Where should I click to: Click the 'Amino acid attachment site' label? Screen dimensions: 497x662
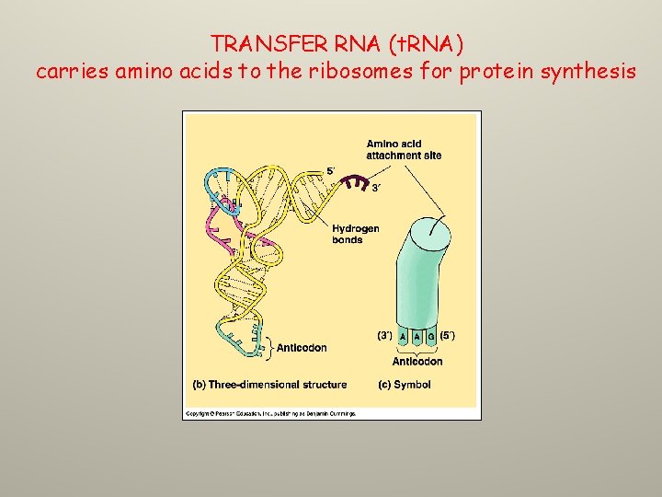(x=404, y=149)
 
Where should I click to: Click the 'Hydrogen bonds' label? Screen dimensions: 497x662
(x=355, y=234)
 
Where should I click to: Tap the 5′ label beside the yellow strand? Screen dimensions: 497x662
(x=331, y=171)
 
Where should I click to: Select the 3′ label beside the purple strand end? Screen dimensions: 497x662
(x=376, y=189)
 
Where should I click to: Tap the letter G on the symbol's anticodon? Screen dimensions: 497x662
(x=430, y=338)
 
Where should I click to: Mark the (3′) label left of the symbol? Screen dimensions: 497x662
(x=387, y=336)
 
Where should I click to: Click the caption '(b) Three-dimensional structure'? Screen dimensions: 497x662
(x=269, y=385)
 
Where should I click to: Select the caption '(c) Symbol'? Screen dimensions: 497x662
(x=405, y=385)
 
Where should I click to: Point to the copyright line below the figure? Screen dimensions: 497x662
(x=270, y=414)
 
